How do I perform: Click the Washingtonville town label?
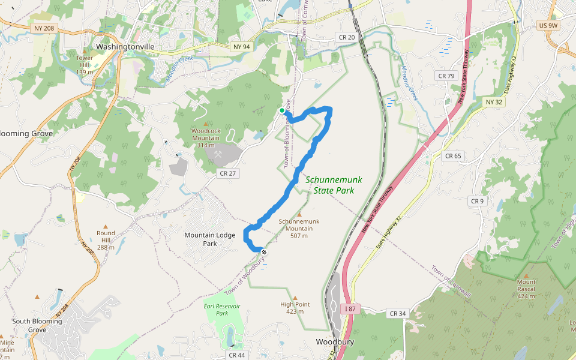125,46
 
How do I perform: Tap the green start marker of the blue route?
282,110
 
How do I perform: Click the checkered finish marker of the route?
263,252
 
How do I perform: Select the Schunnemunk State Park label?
334,185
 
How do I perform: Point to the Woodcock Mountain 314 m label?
205,137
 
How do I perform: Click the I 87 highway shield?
350,308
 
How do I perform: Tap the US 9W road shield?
548,25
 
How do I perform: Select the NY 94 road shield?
240,46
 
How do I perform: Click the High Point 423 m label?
295,308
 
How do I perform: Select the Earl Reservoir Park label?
222,310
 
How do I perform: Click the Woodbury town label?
335,342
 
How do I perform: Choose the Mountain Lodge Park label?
209,239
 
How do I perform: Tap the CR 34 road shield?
398,313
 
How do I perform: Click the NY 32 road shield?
493,102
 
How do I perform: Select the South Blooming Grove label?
37,325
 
